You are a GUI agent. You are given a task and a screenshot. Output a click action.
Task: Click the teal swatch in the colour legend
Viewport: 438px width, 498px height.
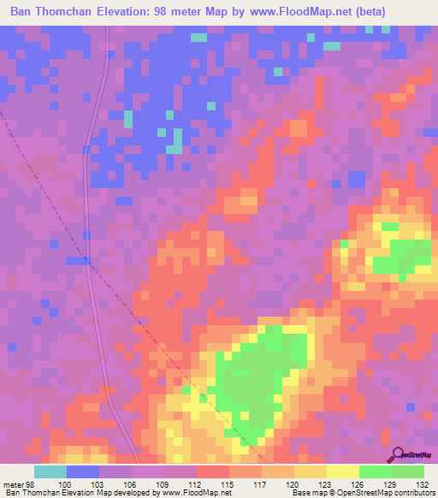pos(50,471)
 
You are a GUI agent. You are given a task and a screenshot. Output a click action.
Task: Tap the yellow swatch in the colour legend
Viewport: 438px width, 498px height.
pos(342,471)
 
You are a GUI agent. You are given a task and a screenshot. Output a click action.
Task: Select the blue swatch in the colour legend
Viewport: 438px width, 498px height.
pos(83,471)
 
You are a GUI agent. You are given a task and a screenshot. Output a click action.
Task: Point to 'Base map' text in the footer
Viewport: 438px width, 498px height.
pos(308,493)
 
